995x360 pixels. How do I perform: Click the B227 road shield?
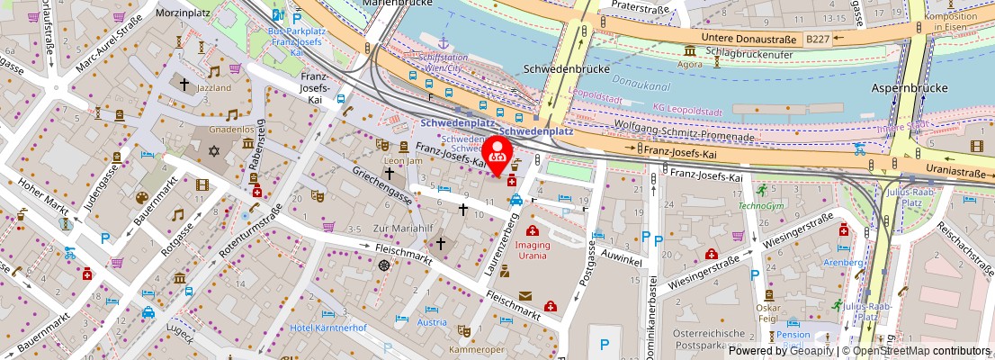(x=818, y=39)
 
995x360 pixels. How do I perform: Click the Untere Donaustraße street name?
(x=748, y=39)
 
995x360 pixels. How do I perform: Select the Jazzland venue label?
(x=213, y=88)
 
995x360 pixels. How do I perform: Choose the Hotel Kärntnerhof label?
(x=328, y=328)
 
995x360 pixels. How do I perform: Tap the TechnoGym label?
(x=761, y=205)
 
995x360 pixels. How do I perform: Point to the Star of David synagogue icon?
(x=215, y=150)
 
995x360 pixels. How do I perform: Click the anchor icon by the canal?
(x=442, y=42)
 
